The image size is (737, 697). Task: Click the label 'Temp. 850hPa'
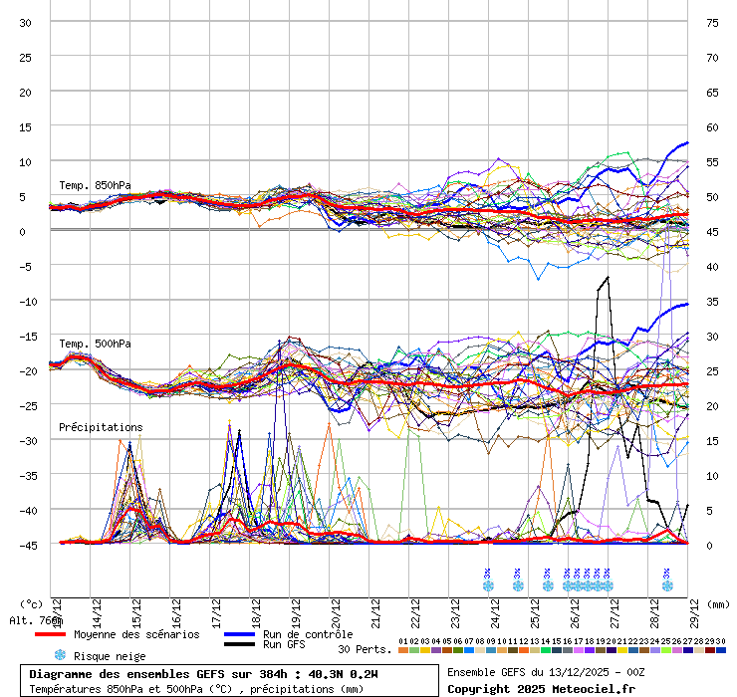pos(95,185)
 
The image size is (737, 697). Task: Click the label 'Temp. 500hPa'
pos(95,344)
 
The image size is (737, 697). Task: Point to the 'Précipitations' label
pos(101,427)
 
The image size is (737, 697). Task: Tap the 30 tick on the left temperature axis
pos(26,22)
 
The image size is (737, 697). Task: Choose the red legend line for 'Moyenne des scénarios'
pos(50,634)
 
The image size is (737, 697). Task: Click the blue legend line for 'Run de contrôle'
pos(239,634)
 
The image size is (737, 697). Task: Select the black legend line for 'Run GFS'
pos(239,645)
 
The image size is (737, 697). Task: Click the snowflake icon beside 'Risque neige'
pos(60,655)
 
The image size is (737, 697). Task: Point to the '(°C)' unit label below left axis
pos(32,603)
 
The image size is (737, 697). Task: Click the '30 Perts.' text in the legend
pos(365,649)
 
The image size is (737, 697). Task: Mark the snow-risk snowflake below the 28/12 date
pos(666,585)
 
